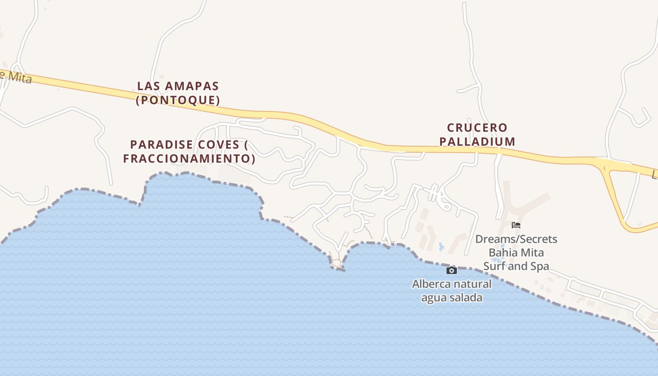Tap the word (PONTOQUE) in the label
click(x=178, y=100)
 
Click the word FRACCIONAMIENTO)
click(x=189, y=158)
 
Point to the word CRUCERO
click(x=477, y=128)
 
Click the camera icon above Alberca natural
click(x=451, y=270)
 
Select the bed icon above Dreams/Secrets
click(x=516, y=225)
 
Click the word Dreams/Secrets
click(x=516, y=239)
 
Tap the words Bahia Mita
click(x=516, y=253)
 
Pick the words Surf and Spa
click(x=516, y=266)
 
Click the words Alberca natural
click(x=452, y=284)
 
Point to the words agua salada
click(x=452, y=298)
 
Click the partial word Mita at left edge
click(x=19, y=77)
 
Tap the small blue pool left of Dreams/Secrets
click(x=441, y=246)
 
